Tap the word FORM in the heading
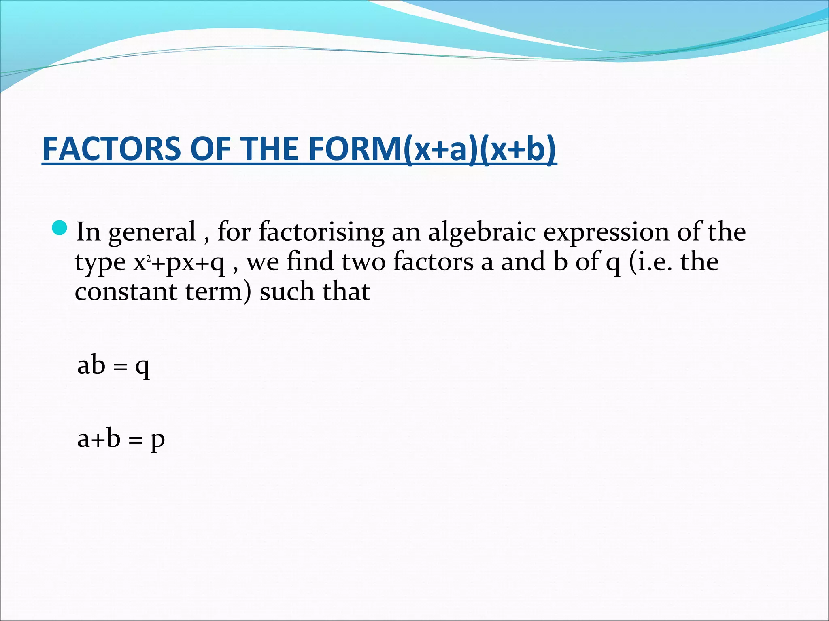(355, 148)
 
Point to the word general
(152, 233)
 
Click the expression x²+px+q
(179, 263)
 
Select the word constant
(126, 292)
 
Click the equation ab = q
(113, 365)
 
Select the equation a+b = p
(121, 439)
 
